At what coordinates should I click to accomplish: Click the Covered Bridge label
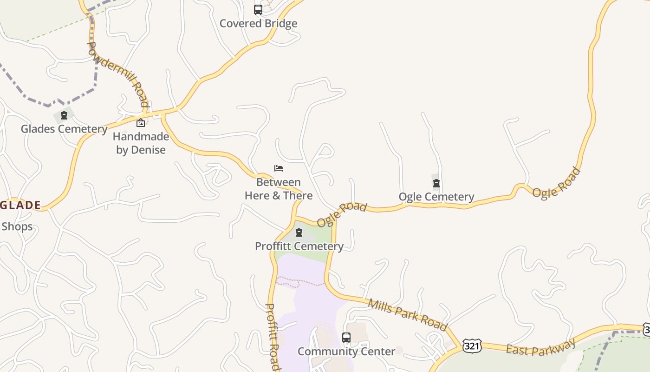pyautogui.click(x=258, y=23)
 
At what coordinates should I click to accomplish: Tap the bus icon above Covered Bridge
pyautogui.click(x=258, y=9)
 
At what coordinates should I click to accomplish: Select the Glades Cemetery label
pyautogui.click(x=64, y=129)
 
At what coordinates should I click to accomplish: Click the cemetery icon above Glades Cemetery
pyautogui.click(x=64, y=115)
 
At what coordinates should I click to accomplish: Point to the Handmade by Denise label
pyautogui.click(x=141, y=143)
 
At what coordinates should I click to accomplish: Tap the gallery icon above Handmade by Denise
pyautogui.click(x=141, y=123)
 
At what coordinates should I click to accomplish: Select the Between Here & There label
pyautogui.click(x=279, y=189)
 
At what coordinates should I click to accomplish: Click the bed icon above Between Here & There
pyautogui.click(x=279, y=168)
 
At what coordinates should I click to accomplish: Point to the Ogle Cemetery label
pyautogui.click(x=436, y=197)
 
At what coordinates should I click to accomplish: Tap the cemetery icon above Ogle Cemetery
pyautogui.click(x=436, y=183)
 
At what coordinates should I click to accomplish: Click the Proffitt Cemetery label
pyautogui.click(x=299, y=246)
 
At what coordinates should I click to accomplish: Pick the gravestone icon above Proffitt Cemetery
pyautogui.click(x=299, y=232)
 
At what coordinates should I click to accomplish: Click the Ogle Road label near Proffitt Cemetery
pyautogui.click(x=342, y=214)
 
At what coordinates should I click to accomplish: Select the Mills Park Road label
pyautogui.click(x=408, y=315)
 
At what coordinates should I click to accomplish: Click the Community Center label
pyautogui.click(x=346, y=351)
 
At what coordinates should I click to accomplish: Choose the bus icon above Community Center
pyautogui.click(x=346, y=338)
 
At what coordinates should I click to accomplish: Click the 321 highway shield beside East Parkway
pyautogui.click(x=472, y=346)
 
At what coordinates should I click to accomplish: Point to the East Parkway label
pyautogui.click(x=541, y=347)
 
